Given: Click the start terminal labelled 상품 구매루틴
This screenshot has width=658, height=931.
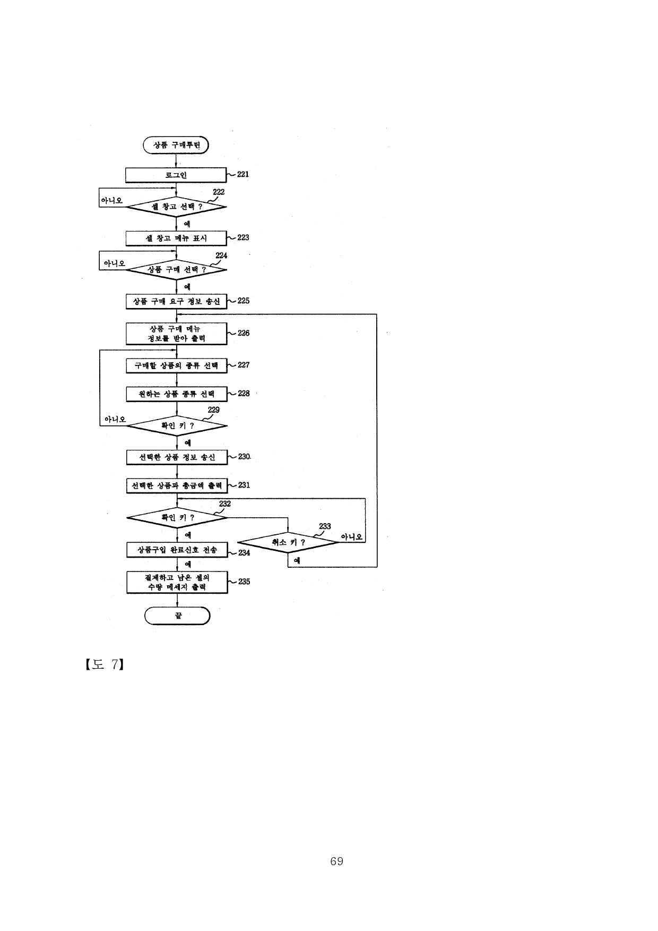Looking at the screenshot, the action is (x=176, y=145).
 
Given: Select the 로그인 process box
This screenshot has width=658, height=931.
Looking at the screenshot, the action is (x=176, y=175).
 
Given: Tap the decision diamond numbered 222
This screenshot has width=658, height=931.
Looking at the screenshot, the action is (x=176, y=207).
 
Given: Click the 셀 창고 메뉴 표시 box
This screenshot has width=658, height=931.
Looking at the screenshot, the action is (x=176, y=238).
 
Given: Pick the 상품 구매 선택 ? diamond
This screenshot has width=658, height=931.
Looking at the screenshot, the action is (x=176, y=269).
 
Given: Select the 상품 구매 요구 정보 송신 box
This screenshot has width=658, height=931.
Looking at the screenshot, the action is (x=176, y=301).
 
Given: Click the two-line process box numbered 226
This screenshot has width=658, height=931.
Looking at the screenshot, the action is (x=176, y=334).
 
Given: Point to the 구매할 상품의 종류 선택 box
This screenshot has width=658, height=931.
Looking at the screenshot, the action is (x=176, y=365).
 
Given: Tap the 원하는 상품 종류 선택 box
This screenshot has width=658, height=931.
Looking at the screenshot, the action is (x=176, y=394).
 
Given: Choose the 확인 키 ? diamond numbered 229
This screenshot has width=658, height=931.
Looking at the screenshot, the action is (x=177, y=425).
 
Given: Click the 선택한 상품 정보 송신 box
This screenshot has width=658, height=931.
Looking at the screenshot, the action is (x=177, y=457).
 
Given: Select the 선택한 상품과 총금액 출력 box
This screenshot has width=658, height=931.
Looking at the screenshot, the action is (x=177, y=485).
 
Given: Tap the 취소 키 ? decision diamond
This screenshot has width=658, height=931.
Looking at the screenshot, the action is (x=288, y=542).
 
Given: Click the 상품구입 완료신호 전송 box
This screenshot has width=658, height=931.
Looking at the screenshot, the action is (x=177, y=550).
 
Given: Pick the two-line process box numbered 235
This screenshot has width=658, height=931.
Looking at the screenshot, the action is (x=177, y=582).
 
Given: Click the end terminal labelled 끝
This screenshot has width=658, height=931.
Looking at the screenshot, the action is (x=178, y=616).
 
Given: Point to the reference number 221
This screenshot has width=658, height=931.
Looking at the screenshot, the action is (x=243, y=174).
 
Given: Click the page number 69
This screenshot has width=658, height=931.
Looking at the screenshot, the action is (x=336, y=861).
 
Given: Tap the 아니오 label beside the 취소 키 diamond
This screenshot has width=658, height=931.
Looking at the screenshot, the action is (x=352, y=537).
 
